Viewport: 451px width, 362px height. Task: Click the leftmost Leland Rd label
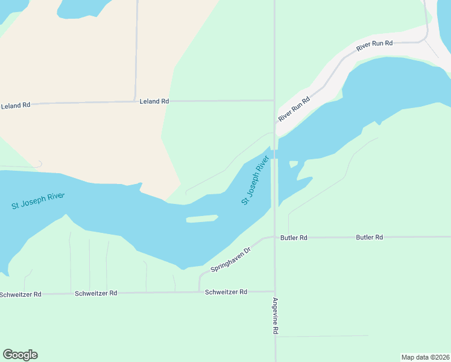point(16,106)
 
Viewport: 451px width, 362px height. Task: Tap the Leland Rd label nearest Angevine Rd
point(154,102)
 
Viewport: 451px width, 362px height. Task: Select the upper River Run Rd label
point(374,45)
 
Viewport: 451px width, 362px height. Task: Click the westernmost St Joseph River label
point(38,201)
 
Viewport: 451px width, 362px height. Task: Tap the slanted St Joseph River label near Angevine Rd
point(254,180)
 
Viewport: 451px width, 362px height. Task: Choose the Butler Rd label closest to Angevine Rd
point(294,238)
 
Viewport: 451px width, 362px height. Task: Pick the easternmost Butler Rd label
point(370,237)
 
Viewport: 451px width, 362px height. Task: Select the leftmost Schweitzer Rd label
point(20,294)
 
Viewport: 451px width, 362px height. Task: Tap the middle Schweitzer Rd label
point(96,293)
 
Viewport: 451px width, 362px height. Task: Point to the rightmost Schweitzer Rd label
point(226,292)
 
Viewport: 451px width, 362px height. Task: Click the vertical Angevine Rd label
point(275,316)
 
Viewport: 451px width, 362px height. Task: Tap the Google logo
point(20,355)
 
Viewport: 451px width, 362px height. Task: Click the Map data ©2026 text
point(424,357)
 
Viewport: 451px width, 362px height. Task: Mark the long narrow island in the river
point(201,218)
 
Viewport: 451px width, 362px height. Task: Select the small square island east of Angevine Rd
point(294,164)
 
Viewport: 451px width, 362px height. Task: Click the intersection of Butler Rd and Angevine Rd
point(275,237)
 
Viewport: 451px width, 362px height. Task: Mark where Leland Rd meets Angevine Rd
point(274,101)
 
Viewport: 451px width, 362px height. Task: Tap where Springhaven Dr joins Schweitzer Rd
point(200,292)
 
